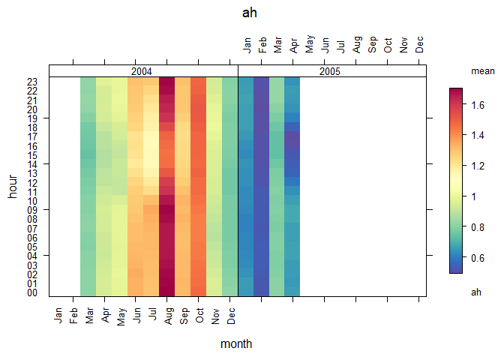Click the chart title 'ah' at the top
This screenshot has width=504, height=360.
pyautogui.click(x=251, y=13)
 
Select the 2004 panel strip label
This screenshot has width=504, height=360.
pyautogui.click(x=142, y=71)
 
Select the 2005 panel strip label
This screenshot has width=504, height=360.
pyautogui.click(x=331, y=71)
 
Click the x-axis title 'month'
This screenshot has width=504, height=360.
pyautogui.click(x=236, y=344)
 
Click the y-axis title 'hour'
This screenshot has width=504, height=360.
pyautogui.click(x=13, y=185)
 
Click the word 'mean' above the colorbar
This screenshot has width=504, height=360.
pyautogui.click(x=481, y=71)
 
